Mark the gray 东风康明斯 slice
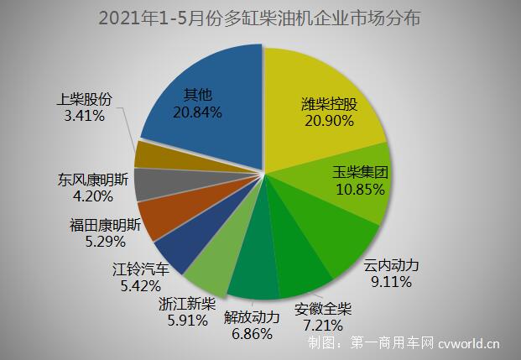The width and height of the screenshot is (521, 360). click(x=151, y=184)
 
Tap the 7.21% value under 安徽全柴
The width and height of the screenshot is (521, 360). click(x=323, y=324)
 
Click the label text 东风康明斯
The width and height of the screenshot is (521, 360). click(x=93, y=180)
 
